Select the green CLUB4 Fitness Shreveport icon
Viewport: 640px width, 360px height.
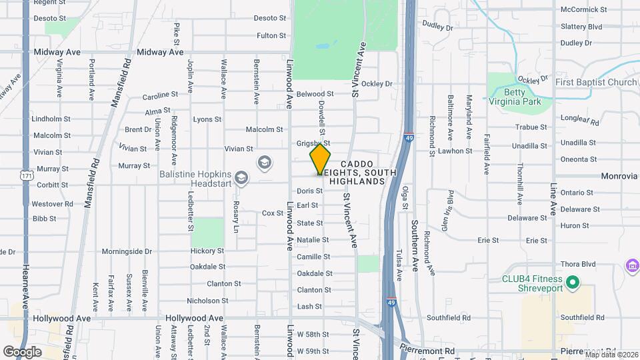(572, 284)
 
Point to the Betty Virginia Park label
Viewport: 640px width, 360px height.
(514, 97)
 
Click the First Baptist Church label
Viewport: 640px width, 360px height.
(597, 83)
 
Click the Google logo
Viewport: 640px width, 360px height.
(22, 351)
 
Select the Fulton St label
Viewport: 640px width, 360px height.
(271, 35)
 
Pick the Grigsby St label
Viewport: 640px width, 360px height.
(313, 143)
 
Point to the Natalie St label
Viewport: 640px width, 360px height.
(313, 239)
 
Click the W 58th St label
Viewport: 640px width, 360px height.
(313, 333)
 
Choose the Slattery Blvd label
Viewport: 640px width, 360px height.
(581, 27)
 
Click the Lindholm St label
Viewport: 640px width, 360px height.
(51, 119)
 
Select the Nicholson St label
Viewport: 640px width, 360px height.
(208, 300)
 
